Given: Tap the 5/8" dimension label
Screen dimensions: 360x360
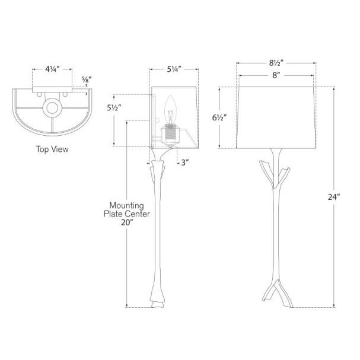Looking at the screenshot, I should [x=87, y=79].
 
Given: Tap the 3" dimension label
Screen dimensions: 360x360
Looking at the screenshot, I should [x=185, y=162].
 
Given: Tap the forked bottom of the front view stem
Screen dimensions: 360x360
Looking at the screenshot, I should [x=275, y=297].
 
